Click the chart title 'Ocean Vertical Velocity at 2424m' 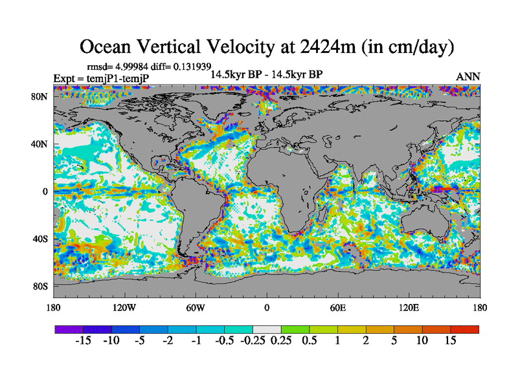click(266, 47)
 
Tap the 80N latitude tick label click(40, 96)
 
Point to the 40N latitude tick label click(40, 144)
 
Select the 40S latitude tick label click(41, 239)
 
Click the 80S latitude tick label click(41, 286)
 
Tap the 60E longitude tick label click(337, 307)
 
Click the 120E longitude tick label click(409, 307)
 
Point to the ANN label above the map click(468, 76)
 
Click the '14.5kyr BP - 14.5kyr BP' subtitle click(266, 74)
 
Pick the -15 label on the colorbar click(83, 341)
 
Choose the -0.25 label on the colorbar click(253, 341)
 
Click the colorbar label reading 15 click(451, 341)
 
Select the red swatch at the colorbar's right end click(465, 329)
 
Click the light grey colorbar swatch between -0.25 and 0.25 click(267, 329)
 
